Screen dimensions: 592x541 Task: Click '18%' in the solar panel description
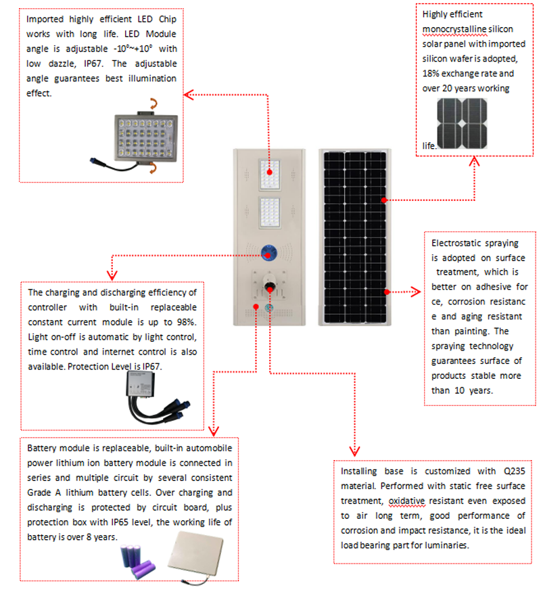431,74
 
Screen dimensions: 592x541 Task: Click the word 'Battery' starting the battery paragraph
41,449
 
